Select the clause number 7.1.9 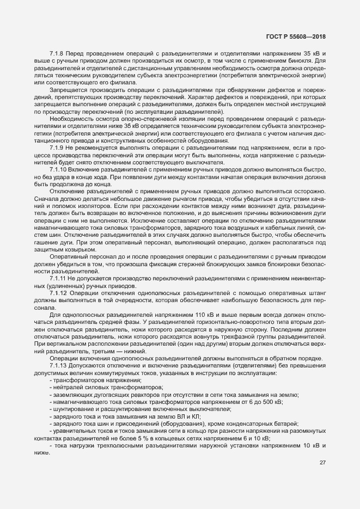[x=57, y=148]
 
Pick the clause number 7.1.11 [x=58, y=278]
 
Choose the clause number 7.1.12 [x=58, y=293]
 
